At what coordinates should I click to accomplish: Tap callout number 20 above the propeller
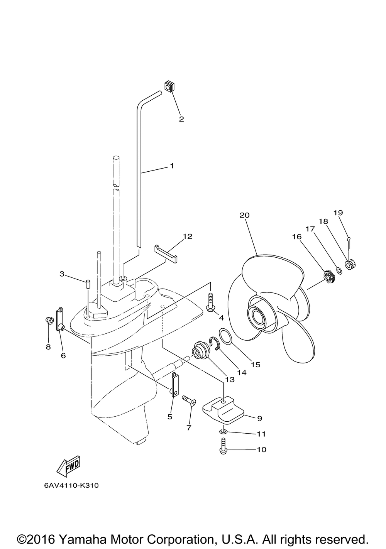pyautogui.click(x=244, y=215)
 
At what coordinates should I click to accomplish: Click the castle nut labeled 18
pyautogui.click(x=350, y=265)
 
